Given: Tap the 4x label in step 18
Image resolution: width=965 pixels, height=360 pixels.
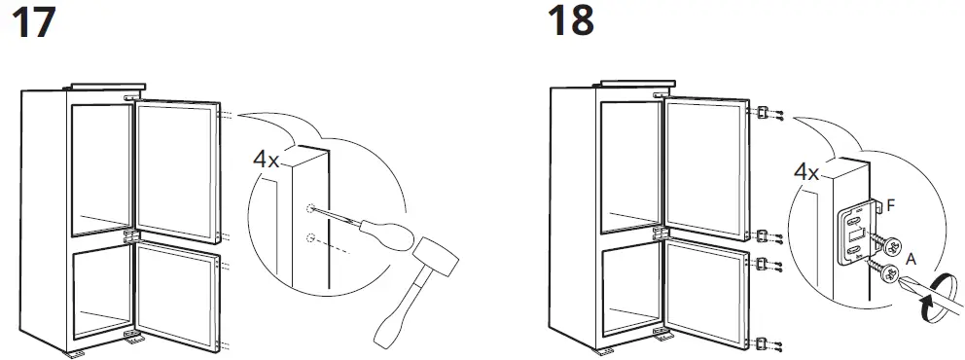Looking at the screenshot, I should pyautogui.click(x=806, y=173).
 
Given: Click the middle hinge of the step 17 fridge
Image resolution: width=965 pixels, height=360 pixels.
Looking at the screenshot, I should pyautogui.click(x=130, y=236).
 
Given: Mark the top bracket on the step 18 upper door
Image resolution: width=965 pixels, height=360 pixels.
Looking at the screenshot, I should pyautogui.click(x=764, y=113).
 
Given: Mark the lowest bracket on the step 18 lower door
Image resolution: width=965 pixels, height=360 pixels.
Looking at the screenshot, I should pyautogui.click(x=764, y=342).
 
